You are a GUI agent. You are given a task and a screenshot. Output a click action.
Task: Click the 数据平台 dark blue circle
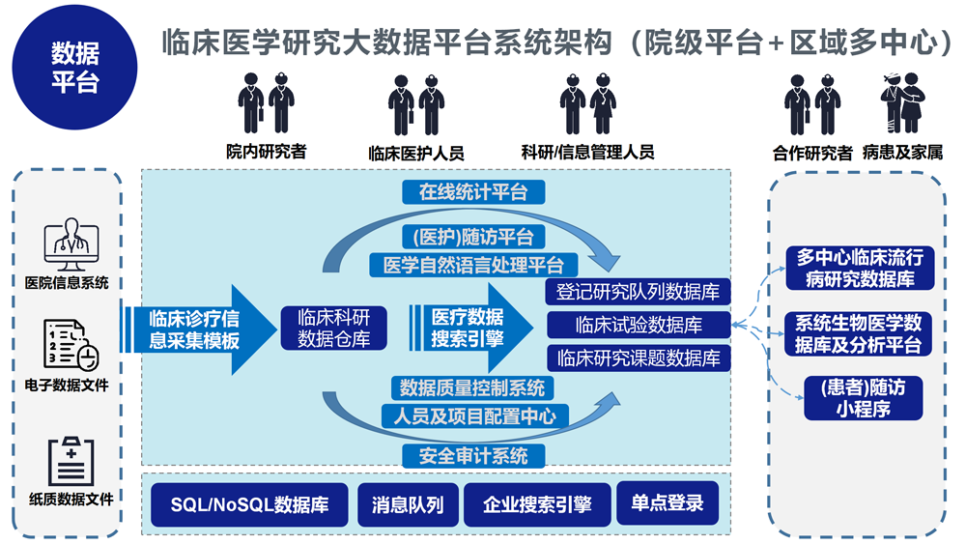[x=74, y=65]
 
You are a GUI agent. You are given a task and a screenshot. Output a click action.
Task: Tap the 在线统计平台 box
[x=473, y=191]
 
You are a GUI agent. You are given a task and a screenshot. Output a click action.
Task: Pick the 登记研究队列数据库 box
[x=639, y=291]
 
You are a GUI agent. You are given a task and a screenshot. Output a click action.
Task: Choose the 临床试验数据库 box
[x=639, y=325]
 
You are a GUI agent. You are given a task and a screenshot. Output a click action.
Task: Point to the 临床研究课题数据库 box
[x=639, y=358]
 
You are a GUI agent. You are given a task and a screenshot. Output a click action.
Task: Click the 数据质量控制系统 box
[x=473, y=388]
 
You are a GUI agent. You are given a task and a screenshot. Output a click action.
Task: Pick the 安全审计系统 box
[x=473, y=455]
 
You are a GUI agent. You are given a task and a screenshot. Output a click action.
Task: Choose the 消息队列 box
[x=408, y=505]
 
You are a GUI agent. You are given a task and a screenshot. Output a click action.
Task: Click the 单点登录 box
[x=668, y=502]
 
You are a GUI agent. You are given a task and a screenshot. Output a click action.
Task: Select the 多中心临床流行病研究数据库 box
[x=860, y=268]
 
